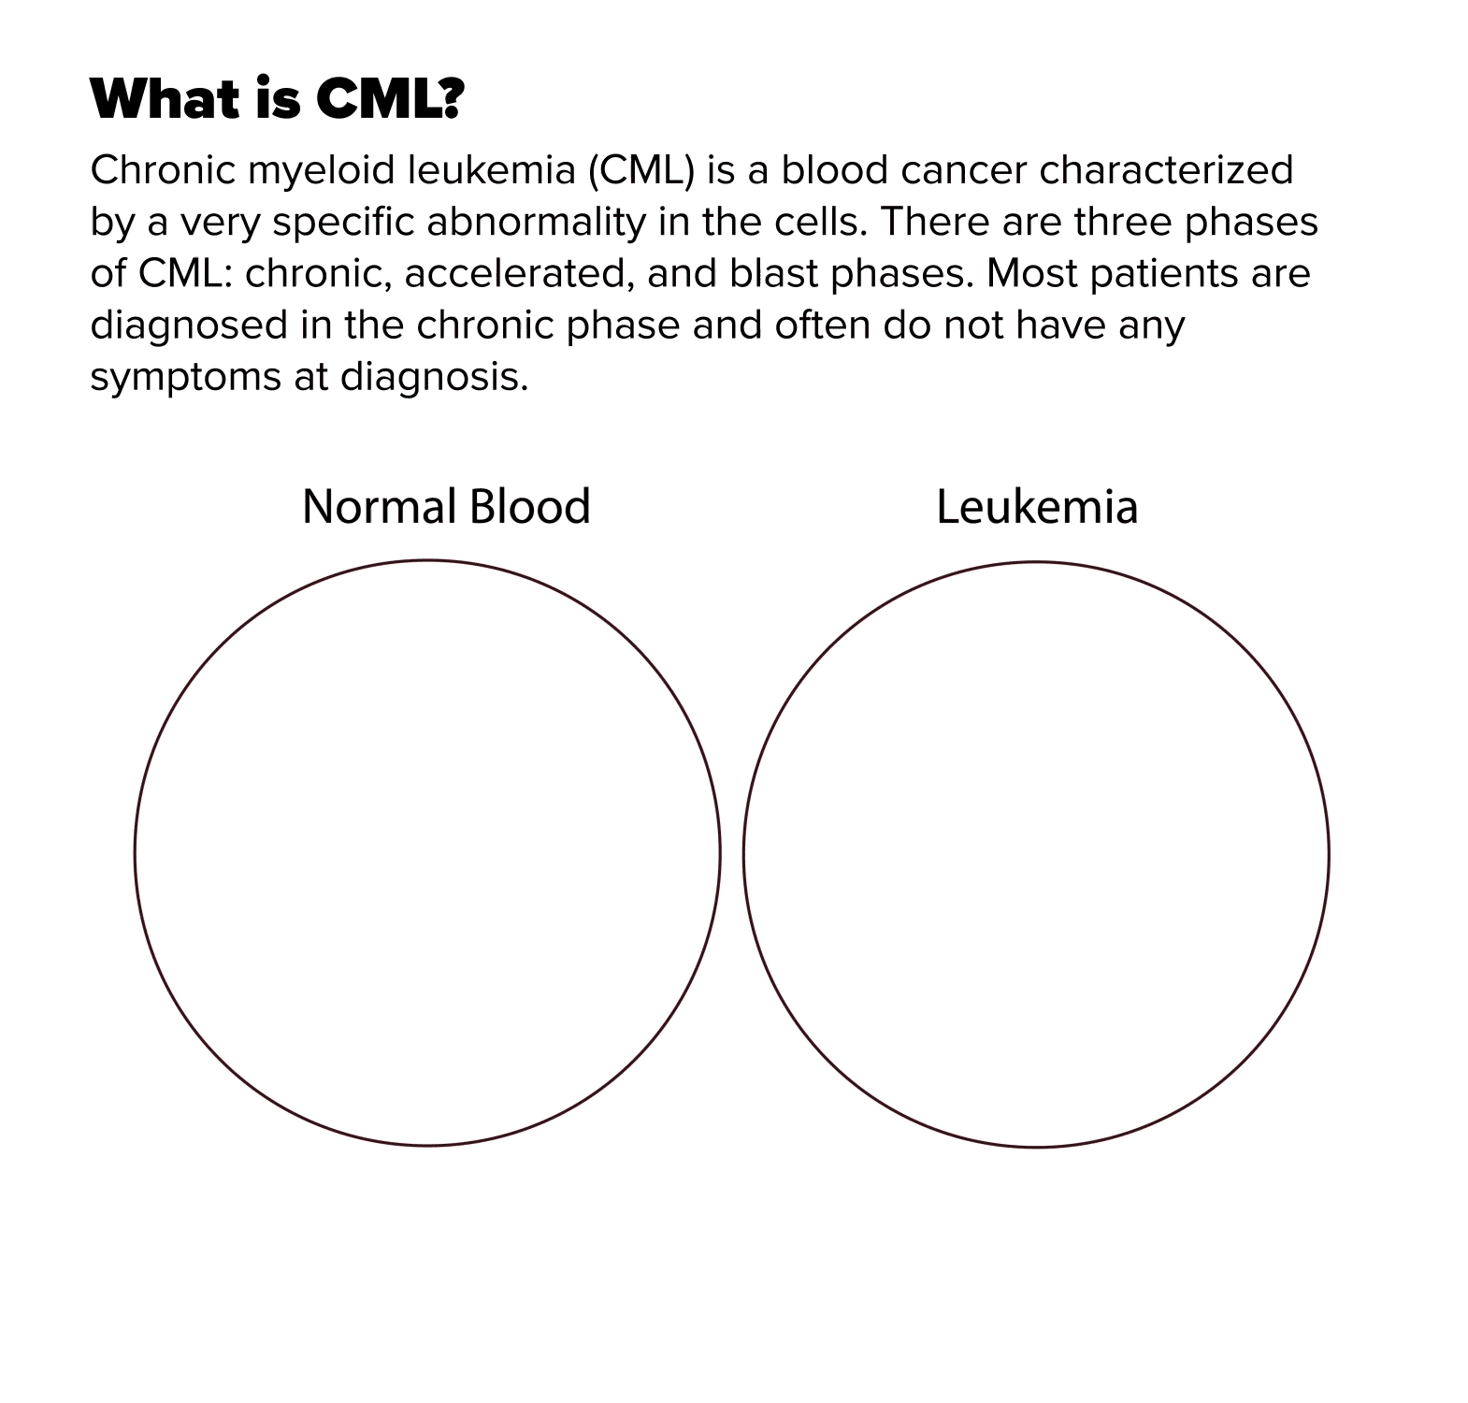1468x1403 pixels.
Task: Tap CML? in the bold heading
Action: (x=389, y=98)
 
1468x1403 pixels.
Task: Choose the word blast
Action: (x=773, y=273)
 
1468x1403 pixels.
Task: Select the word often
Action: (x=822, y=325)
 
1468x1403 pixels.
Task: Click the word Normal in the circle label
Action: (x=379, y=506)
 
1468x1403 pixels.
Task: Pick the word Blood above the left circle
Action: (x=529, y=506)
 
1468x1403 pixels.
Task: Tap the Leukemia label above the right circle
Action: (x=1037, y=507)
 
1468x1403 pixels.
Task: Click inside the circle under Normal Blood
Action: (x=427, y=853)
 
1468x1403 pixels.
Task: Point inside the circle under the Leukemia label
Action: (x=1036, y=854)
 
